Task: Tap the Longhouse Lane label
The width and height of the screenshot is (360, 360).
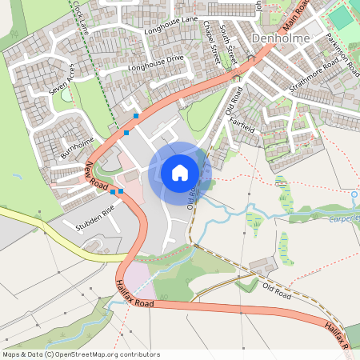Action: [170, 23]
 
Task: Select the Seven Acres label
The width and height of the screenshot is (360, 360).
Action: [61, 80]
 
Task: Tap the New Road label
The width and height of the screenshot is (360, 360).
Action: [96, 176]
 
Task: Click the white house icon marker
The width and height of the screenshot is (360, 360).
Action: [179, 172]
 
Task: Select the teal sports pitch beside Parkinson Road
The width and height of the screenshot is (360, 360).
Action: [339, 18]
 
